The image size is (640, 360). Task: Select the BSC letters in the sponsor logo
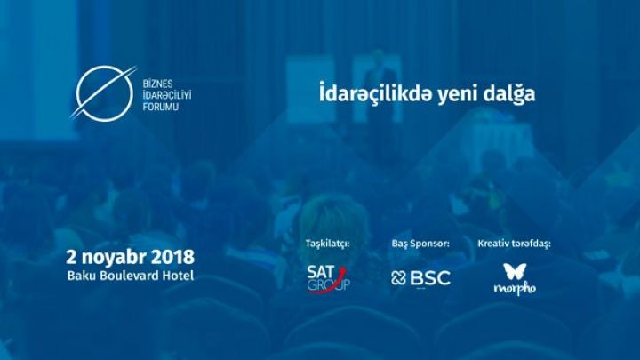coord(430,278)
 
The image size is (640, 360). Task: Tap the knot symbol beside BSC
coord(399,278)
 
